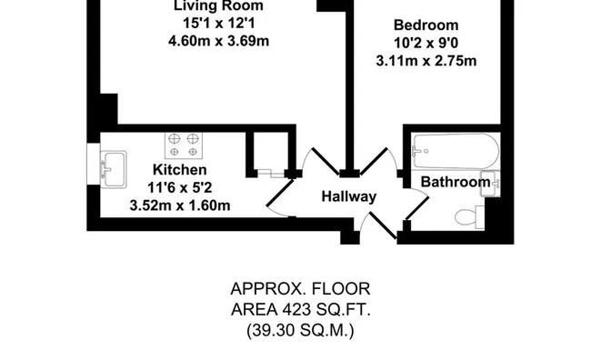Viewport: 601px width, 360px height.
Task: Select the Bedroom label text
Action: [426, 25]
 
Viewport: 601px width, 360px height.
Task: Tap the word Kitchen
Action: [179, 170]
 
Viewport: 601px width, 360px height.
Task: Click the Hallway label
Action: [349, 196]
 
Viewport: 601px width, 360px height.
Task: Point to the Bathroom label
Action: [455, 183]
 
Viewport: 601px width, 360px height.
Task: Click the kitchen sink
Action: [115, 166]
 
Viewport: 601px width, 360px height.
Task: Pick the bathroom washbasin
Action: [487, 182]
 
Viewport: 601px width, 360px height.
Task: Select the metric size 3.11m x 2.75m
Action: [426, 61]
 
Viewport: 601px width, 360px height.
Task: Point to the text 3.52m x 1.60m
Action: [179, 205]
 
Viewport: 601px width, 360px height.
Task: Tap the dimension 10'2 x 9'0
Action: [426, 44]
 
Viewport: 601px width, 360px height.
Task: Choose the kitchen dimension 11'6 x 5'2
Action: [179, 187]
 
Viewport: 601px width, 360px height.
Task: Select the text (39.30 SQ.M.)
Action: [301, 331]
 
